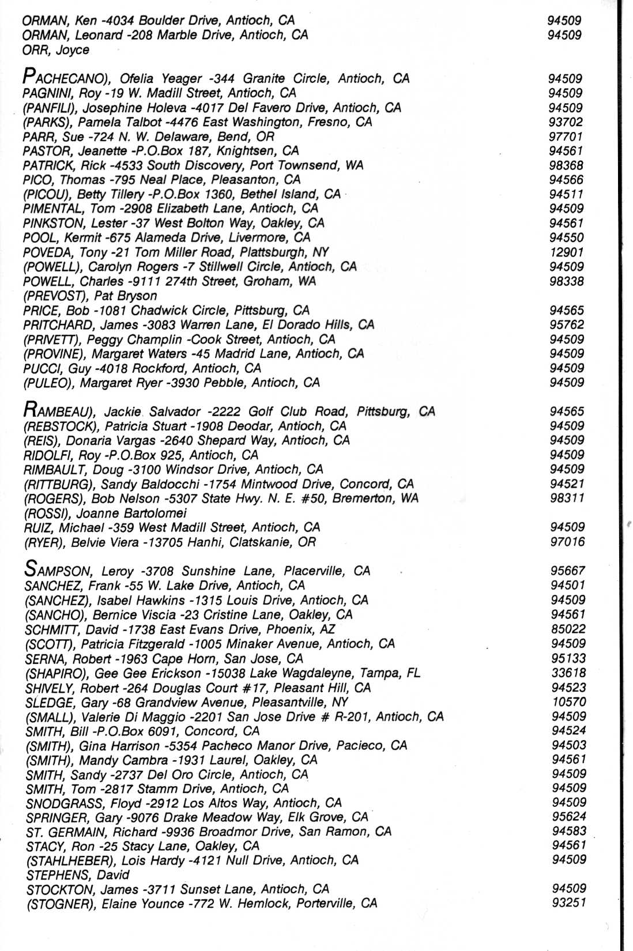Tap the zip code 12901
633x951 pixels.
pyautogui.click(x=566, y=252)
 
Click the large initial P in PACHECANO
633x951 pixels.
pyautogui.click(x=28, y=77)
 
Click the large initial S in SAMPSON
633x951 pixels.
pyautogui.click(x=31, y=569)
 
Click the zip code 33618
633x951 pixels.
pyautogui.click(x=568, y=673)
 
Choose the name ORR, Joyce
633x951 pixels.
pyautogui.click(x=56, y=50)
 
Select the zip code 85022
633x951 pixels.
pyautogui.click(x=568, y=629)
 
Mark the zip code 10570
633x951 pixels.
pyautogui.click(x=568, y=702)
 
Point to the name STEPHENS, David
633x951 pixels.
pyautogui.click(x=78, y=875)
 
